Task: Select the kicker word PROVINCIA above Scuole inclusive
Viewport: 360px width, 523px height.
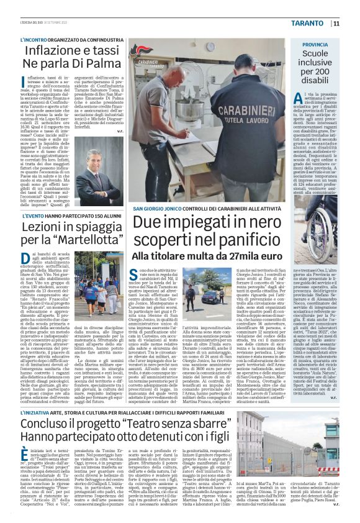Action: click(x=316, y=46)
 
